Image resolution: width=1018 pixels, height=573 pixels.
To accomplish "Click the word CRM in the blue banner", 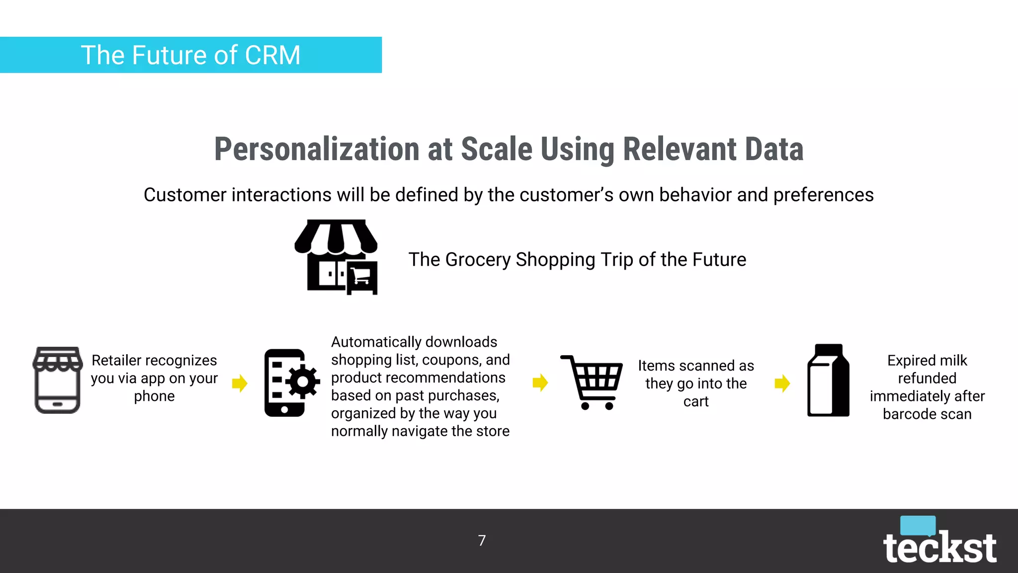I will pos(272,55).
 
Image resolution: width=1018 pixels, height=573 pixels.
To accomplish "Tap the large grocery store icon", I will pos(337,257).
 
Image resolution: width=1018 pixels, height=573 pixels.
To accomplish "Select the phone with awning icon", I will pos(58,380).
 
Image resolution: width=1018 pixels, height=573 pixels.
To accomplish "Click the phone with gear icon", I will pos(291,382).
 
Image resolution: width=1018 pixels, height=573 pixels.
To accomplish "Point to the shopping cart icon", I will pos(592,382).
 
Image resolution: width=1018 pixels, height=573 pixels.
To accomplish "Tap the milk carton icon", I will pos(828,381).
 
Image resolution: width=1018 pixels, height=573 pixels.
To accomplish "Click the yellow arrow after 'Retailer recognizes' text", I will pos(240,383).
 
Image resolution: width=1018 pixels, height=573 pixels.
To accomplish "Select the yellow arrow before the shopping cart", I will pos(540,382).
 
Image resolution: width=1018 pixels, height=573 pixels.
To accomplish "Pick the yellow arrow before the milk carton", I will pos(782,383).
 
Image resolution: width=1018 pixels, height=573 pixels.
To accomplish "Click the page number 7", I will pos(482,541).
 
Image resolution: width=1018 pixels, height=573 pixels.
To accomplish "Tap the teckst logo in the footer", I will pos(939,547).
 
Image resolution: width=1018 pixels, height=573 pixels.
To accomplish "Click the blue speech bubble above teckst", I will pos(918,525).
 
